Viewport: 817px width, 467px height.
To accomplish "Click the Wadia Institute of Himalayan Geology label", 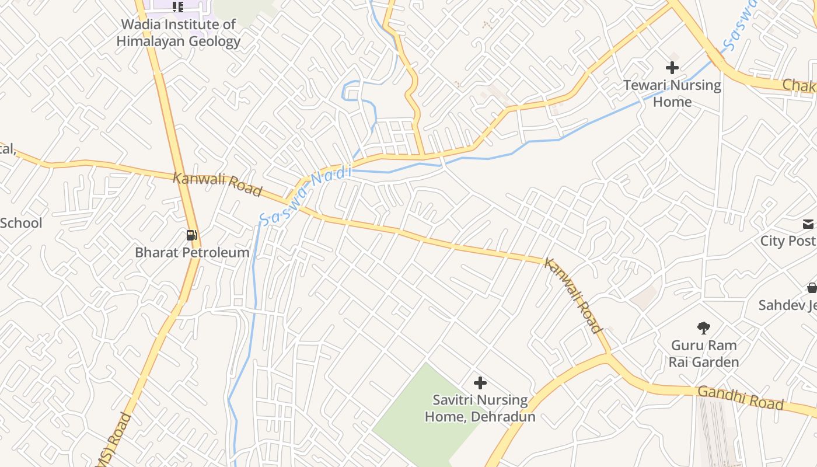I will tap(178, 33).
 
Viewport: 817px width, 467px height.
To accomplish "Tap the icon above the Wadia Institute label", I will tap(178, 7).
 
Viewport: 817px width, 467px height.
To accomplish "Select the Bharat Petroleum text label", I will tap(192, 253).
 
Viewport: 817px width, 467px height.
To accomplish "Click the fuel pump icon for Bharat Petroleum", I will tap(191, 236).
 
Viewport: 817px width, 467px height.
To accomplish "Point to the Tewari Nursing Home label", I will tap(672, 93).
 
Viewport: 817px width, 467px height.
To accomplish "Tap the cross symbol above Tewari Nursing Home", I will tap(672, 68).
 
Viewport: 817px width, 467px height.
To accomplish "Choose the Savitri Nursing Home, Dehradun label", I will tap(480, 409).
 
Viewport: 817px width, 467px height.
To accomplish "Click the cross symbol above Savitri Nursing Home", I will tap(480, 383).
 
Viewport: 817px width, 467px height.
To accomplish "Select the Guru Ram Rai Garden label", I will tap(704, 354).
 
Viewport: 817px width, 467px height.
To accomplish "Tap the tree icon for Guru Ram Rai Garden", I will tap(704, 328).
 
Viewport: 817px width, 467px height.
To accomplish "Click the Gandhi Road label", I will tap(741, 398).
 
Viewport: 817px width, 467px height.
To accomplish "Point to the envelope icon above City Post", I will tap(808, 224).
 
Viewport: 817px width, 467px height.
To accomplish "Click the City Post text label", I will tap(788, 241).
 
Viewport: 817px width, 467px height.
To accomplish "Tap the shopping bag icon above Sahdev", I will tap(811, 288).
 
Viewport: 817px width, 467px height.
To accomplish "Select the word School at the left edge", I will tap(21, 223).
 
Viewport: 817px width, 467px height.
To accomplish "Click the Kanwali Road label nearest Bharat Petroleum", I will tap(217, 183).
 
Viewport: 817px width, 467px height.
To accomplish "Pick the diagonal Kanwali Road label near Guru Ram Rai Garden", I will tap(573, 295).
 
